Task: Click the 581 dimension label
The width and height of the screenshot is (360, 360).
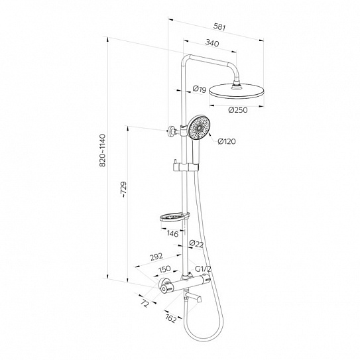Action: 219,27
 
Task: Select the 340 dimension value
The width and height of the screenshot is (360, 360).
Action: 212,43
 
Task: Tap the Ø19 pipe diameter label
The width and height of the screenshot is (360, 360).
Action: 200,89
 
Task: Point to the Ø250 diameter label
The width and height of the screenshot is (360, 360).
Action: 238,110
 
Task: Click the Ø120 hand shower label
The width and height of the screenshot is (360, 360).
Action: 227,141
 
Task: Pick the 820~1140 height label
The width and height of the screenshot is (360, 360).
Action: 102,150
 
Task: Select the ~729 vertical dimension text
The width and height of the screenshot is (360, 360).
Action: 123,190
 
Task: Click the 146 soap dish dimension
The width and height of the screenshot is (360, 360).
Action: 172,234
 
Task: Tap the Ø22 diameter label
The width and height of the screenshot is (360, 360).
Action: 196,244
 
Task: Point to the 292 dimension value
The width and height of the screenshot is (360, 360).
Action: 156,257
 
